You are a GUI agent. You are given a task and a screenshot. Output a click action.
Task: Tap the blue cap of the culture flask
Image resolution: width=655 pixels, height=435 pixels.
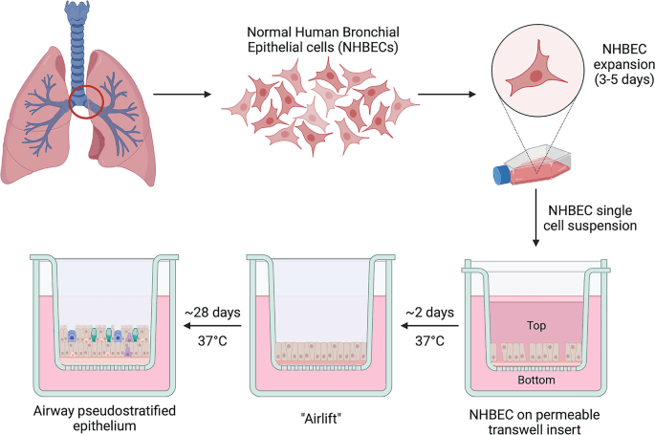(x=500, y=175)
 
